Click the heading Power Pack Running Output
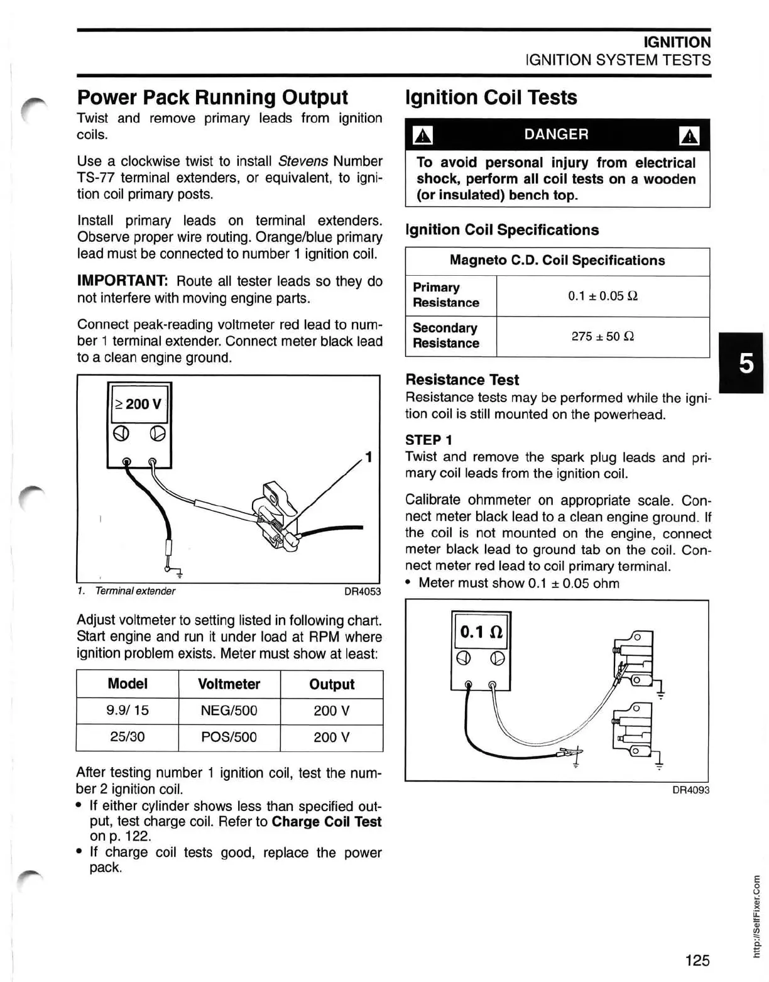[x=212, y=97]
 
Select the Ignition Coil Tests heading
[x=491, y=97]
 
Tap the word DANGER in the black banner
[x=556, y=134]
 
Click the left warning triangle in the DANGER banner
[x=423, y=135]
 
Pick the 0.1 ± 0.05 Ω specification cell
[x=603, y=296]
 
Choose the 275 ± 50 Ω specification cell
[x=603, y=336]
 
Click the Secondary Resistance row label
[x=445, y=336]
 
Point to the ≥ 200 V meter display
[x=139, y=403]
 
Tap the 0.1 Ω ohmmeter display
[x=481, y=631]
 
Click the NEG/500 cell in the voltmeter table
[x=229, y=711]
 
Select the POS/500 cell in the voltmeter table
[x=229, y=737]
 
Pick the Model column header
[x=128, y=684]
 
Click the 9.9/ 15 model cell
[x=128, y=711]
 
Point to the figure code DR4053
[x=363, y=591]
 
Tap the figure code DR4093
[x=690, y=790]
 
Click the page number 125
[x=697, y=960]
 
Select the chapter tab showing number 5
[x=746, y=363]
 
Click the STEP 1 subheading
[x=428, y=440]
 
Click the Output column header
[x=331, y=684]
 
